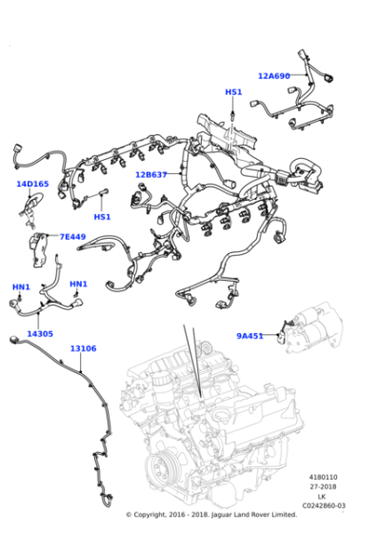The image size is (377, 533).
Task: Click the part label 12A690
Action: (x=274, y=76)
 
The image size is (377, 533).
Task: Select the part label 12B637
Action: (x=151, y=175)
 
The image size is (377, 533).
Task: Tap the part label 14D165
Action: (x=32, y=184)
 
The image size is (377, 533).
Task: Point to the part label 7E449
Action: (x=72, y=237)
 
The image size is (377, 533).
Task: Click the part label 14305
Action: (x=40, y=334)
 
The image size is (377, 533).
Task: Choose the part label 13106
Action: (x=83, y=348)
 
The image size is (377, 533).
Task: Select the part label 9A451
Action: (x=249, y=336)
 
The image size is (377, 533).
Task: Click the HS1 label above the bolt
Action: (x=233, y=92)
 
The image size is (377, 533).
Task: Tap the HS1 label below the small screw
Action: (x=102, y=217)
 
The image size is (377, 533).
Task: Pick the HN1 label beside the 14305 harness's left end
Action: (x=21, y=286)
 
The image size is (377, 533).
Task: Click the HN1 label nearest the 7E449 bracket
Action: (x=78, y=284)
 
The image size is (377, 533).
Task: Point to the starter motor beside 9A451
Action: (x=313, y=328)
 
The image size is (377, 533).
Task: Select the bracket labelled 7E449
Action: (x=39, y=249)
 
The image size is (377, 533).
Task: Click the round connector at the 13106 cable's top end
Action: (x=14, y=339)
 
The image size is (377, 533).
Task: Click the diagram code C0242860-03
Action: (x=324, y=505)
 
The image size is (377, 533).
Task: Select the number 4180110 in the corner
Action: (x=323, y=477)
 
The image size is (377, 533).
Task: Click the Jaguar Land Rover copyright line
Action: (x=211, y=514)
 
